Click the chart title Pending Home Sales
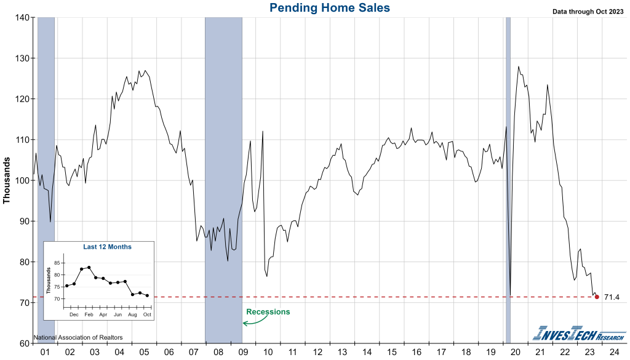(329, 7)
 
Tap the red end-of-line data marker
(597, 297)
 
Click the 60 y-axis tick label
(24, 343)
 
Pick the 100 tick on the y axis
(22, 180)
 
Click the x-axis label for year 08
(218, 353)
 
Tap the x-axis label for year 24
(614, 353)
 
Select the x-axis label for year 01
(45, 353)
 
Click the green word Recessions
(268, 312)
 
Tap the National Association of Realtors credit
(78, 337)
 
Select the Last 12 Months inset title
(107, 247)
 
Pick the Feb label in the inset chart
(89, 314)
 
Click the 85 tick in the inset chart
(58, 263)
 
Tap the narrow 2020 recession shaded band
(508, 178)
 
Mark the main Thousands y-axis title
(7, 180)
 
